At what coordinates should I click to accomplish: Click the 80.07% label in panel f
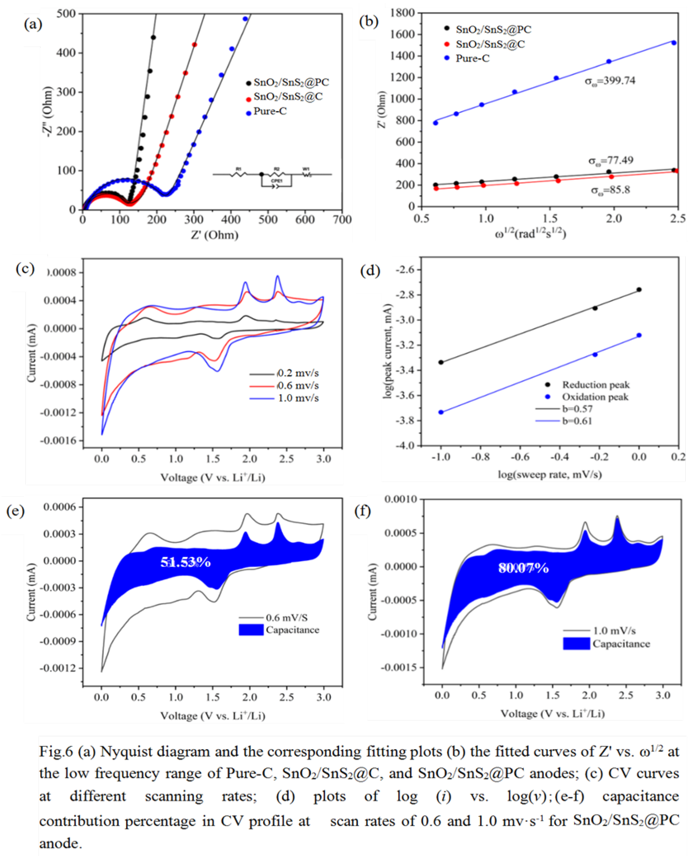(x=523, y=568)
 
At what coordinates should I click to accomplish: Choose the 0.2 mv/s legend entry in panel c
(x=298, y=373)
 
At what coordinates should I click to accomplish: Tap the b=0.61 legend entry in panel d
(x=577, y=421)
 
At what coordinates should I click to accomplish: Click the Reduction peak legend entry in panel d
(x=595, y=385)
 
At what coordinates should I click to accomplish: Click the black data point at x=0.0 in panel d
(x=639, y=289)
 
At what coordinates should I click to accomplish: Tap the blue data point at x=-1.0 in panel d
(x=441, y=412)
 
